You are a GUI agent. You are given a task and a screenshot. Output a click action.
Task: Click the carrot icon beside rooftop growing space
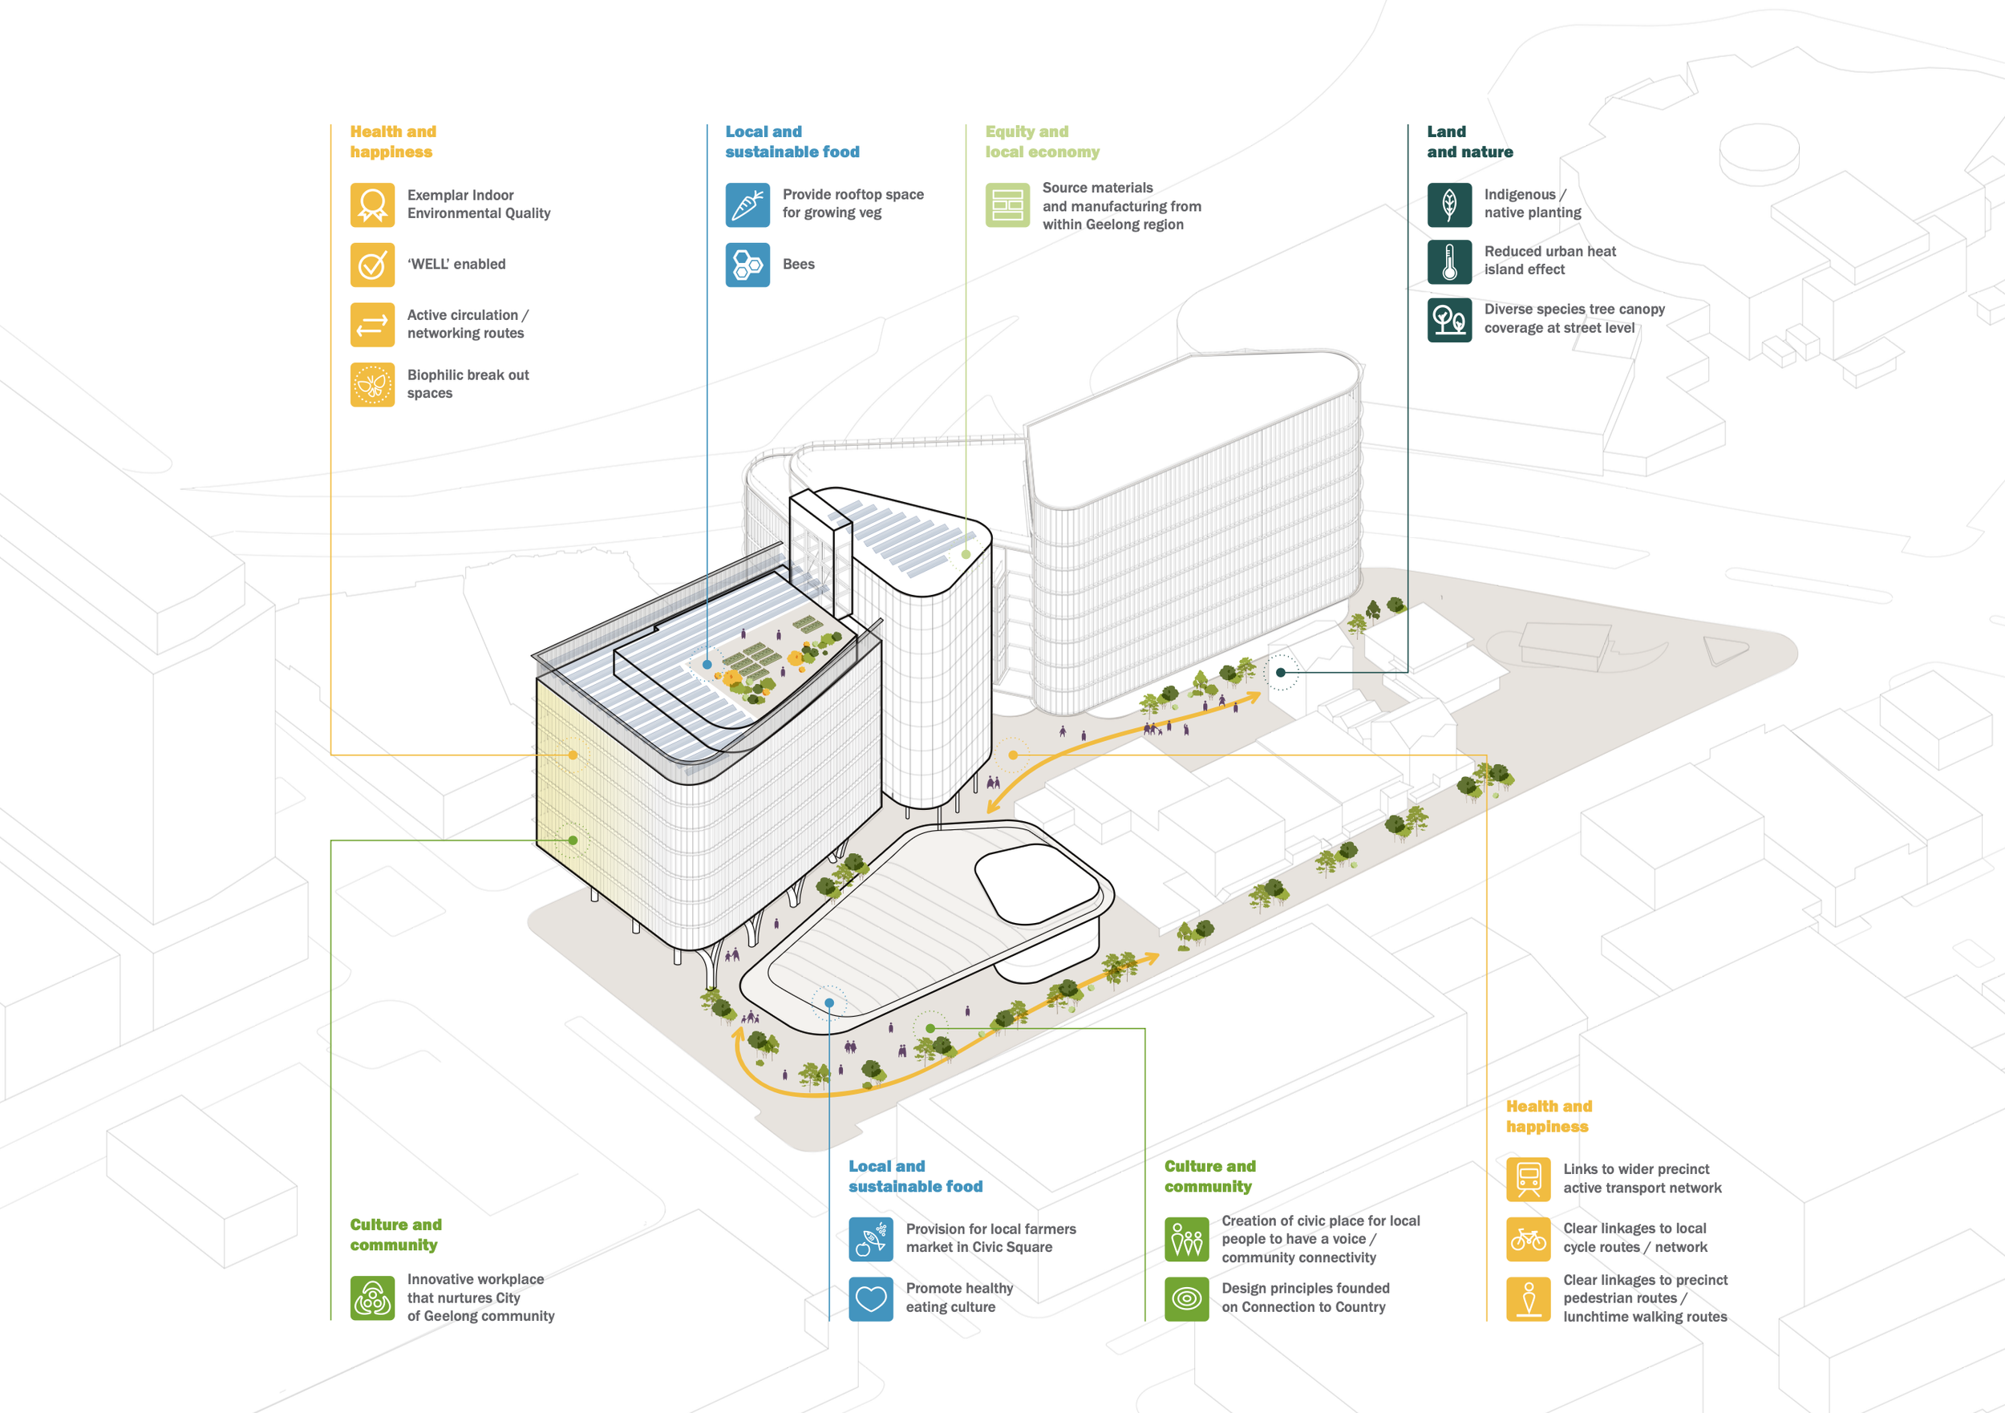point(747,204)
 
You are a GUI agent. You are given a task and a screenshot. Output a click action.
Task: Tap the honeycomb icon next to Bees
point(747,265)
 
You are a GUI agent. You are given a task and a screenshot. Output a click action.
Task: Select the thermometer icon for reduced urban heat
point(1448,262)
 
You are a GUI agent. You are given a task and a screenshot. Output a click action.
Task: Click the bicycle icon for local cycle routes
point(1527,1239)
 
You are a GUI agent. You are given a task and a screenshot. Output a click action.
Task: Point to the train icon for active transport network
point(1527,1179)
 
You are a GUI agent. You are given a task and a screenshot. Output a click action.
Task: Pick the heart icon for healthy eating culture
point(871,1298)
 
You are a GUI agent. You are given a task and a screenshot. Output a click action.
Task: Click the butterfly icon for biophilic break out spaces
point(372,384)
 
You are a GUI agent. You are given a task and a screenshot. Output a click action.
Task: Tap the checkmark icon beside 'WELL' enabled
point(372,265)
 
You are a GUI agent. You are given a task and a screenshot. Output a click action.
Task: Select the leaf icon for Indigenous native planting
point(1448,204)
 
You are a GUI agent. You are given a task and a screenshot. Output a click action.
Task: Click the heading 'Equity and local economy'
point(1042,141)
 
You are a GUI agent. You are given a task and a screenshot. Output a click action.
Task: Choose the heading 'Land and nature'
point(1470,141)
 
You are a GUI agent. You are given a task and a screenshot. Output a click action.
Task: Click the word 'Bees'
point(798,265)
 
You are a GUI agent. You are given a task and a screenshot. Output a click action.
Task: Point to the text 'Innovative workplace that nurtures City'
point(475,1288)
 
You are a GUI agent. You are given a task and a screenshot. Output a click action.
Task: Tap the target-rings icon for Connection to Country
point(1187,1298)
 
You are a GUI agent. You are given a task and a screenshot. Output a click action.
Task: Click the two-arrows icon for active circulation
point(372,325)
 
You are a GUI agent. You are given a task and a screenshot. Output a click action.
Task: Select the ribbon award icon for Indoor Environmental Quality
point(372,204)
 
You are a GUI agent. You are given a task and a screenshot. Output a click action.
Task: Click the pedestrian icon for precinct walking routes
point(1527,1298)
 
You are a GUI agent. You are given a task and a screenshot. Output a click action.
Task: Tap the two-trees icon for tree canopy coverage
point(1448,320)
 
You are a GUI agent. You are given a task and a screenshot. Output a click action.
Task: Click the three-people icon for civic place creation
point(1187,1239)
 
